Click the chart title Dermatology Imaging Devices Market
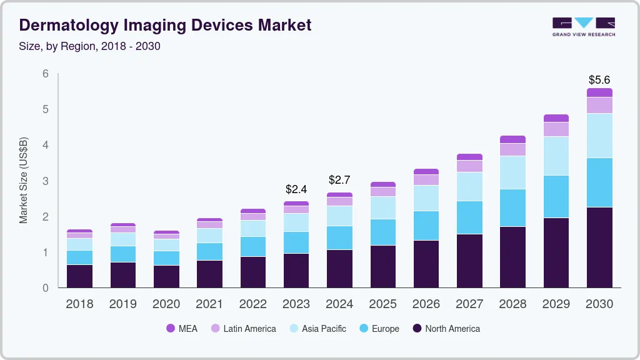tap(165, 25)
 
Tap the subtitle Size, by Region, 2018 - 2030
tap(90, 46)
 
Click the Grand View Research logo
tap(583, 27)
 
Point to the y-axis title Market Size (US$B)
tap(24, 180)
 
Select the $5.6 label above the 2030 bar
tap(599, 80)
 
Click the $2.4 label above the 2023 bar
tap(296, 189)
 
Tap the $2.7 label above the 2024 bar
tap(339, 180)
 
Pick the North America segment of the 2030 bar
tap(599, 247)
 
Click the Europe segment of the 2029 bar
tap(556, 196)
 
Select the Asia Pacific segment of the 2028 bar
tap(512, 172)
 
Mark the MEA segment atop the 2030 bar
tap(599, 92)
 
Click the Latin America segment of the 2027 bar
tap(469, 166)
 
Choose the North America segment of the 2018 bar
tap(79, 276)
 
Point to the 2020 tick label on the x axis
tap(166, 304)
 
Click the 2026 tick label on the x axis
tap(426, 304)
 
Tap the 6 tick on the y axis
tap(46, 74)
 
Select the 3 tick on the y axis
tap(46, 181)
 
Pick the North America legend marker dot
tap(417, 329)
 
